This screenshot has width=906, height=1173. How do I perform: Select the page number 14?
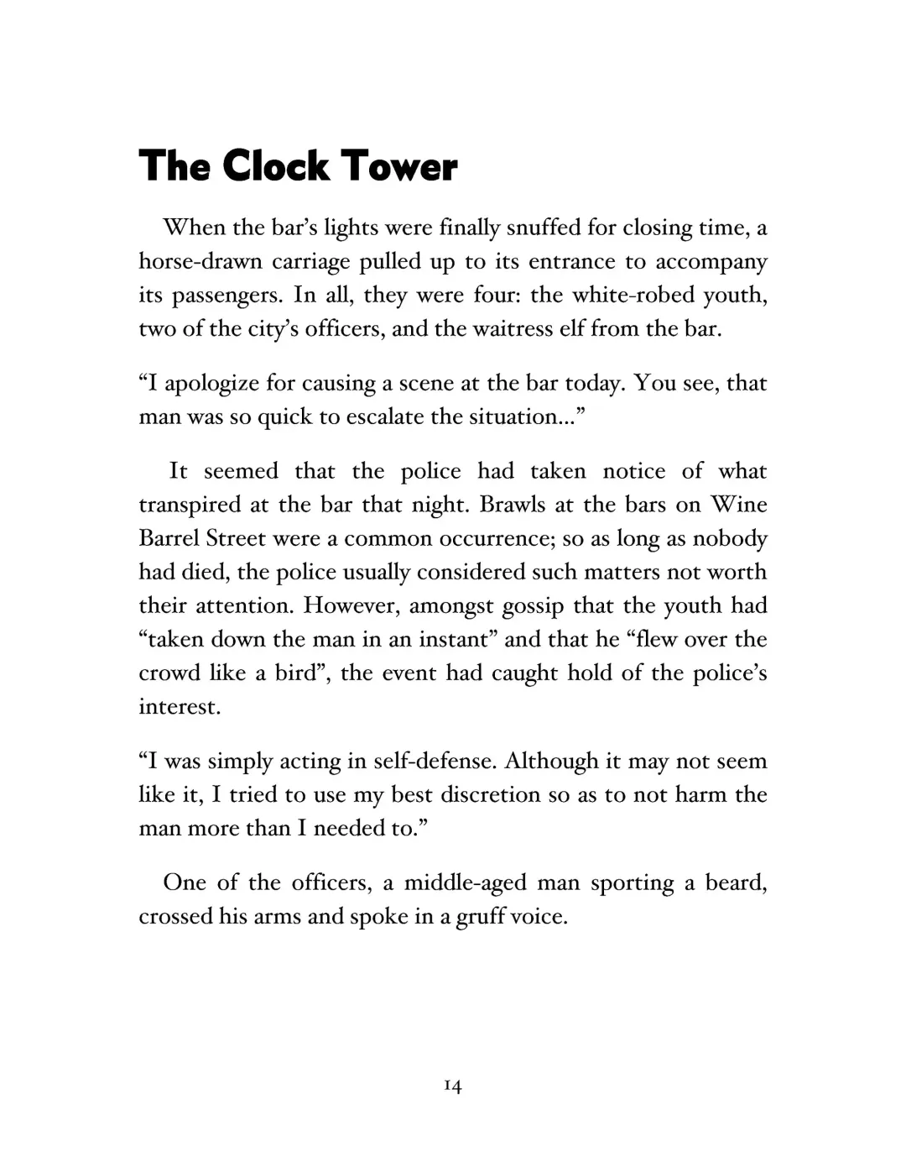click(452, 1087)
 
